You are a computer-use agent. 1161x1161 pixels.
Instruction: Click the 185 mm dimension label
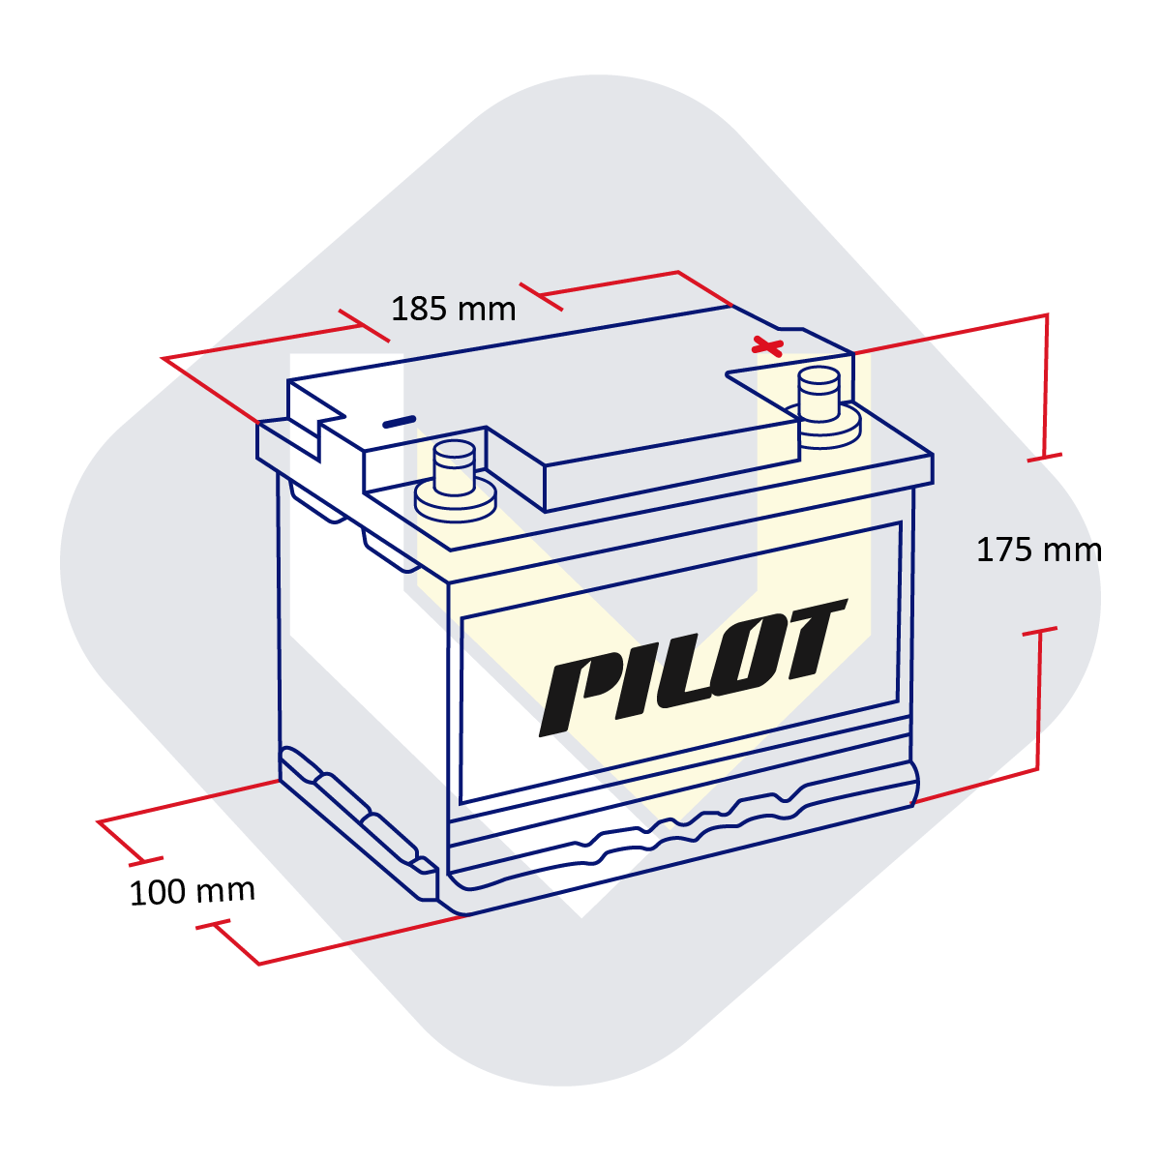(x=453, y=309)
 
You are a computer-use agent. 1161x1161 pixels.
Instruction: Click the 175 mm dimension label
(x=1038, y=551)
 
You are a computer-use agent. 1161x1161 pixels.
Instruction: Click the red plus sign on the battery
(x=767, y=347)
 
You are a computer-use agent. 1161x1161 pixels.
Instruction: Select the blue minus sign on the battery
(x=400, y=422)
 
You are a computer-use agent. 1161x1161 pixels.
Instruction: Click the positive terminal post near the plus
(x=819, y=395)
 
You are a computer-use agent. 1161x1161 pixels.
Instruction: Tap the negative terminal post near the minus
(x=455, y=468)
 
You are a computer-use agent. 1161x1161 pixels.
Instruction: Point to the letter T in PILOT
(x=812, y=640)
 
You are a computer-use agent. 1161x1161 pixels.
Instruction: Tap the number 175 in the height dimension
(x=1004, y=551)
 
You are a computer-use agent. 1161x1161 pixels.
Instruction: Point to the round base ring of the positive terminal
(x=822, y=428)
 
